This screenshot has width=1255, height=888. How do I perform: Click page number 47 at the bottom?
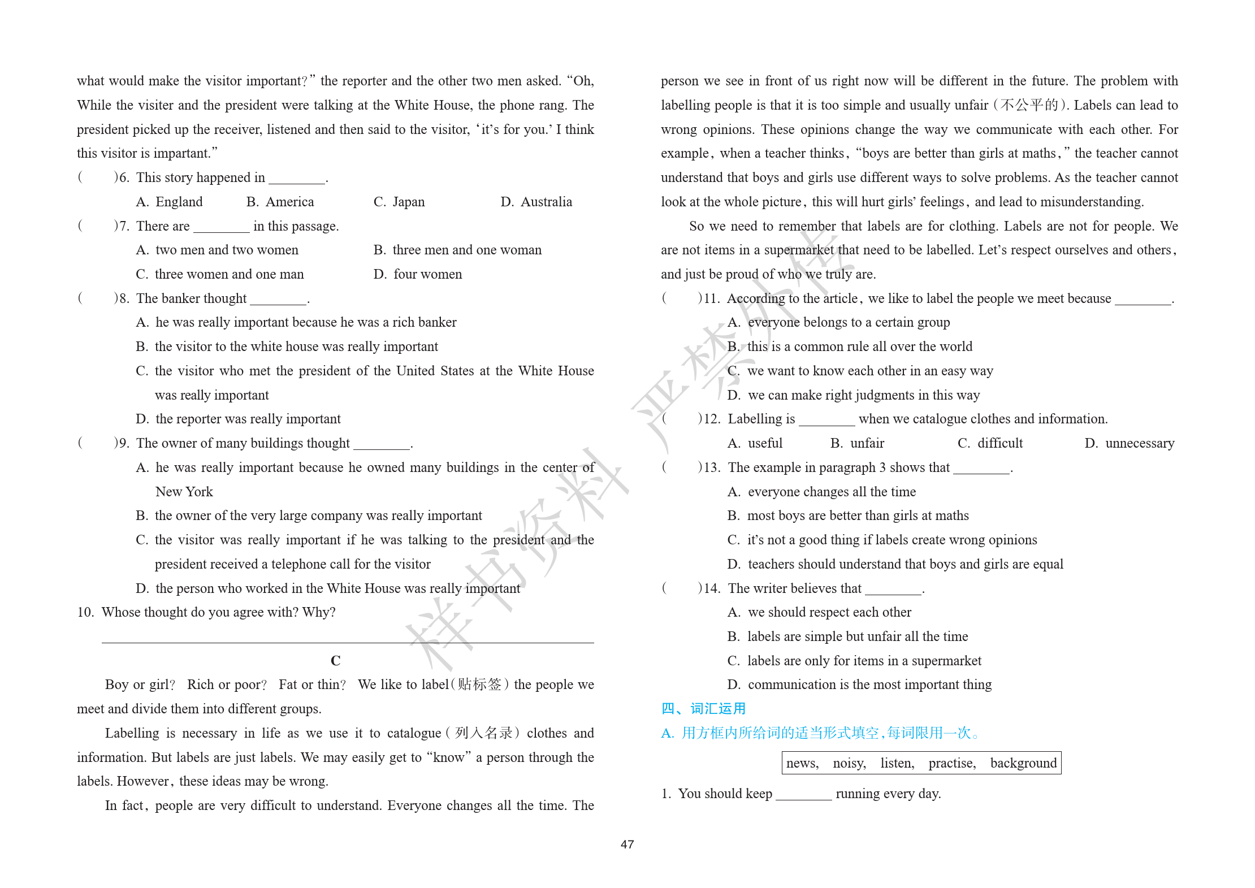coord(627,844)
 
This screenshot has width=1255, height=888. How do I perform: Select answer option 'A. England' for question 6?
coord(169,202)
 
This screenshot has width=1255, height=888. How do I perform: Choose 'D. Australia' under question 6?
coord(536,202)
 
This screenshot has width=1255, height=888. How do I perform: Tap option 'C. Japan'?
coord(399,202)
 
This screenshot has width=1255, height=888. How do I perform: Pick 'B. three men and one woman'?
coord(457,250)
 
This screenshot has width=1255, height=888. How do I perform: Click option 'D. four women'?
coord(418,274)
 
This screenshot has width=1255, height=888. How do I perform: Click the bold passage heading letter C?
coord(335,661)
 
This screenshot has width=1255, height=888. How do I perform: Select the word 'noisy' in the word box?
coord(849,763)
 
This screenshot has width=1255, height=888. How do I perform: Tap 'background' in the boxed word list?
coord(1023,763)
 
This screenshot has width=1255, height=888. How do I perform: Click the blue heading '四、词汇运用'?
coord(703,709)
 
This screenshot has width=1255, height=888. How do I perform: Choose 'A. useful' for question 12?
coord(755,443)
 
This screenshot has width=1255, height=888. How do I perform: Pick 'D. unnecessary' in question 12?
coord(1129,443)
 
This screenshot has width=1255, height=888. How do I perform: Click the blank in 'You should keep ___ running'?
coord(803,794)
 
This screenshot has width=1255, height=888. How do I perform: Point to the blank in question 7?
coord(221,227)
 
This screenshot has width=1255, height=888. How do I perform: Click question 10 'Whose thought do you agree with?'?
coord(207,612)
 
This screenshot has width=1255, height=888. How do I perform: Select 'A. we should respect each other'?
coord(819,612)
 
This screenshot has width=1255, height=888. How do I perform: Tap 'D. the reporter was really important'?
coord(238,419)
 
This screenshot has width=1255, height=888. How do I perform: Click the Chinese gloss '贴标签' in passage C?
coord(479,685)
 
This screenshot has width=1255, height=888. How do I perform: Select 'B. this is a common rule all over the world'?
coord(850,346)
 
